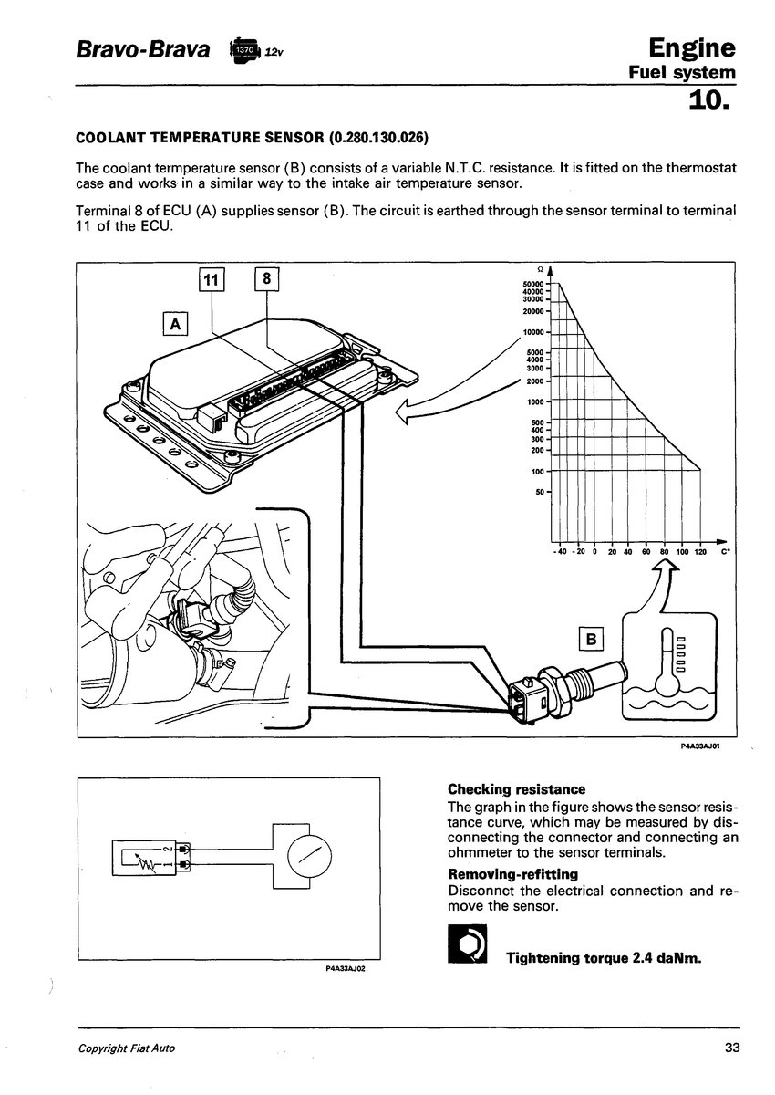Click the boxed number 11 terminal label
pyautogui.click(x=212, y=279)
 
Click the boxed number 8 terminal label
pyautogui.click(x=266, y=278)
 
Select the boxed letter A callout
pyautogui.click(x=175, y=324)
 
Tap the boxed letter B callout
pyautogui.click(x=591, y=639)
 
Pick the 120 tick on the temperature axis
pyautogui.click(x=700, y=552)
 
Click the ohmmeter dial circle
pyautogui.click(x=310, y=857)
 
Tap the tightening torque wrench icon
pyautogui.click(x=468, y=944)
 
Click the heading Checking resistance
pyautogui.click(x=516, y=789)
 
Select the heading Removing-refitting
pyautogui.click(x=512, y=874)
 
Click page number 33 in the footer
pyautogui.click(x=732, y=1048)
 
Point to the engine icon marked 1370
pyautogui.click(x=243, y=51)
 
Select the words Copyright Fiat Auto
pyautogui.click(x=127, y=1048)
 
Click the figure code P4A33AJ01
pyautogui.click(x=700, y=746)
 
